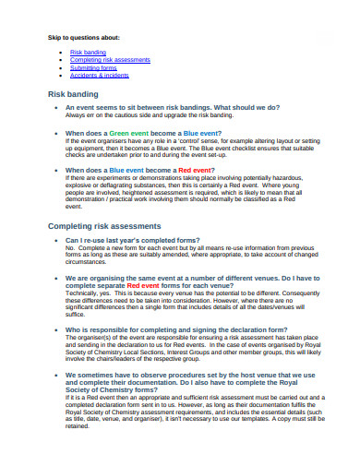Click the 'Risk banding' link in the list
tap(88, 53)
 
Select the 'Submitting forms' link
tap(94, 67)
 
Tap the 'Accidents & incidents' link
tap(102, 75)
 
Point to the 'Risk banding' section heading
tap(73, 94)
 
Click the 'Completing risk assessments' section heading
tap(104, 226)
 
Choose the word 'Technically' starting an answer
tap(80, 292)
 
